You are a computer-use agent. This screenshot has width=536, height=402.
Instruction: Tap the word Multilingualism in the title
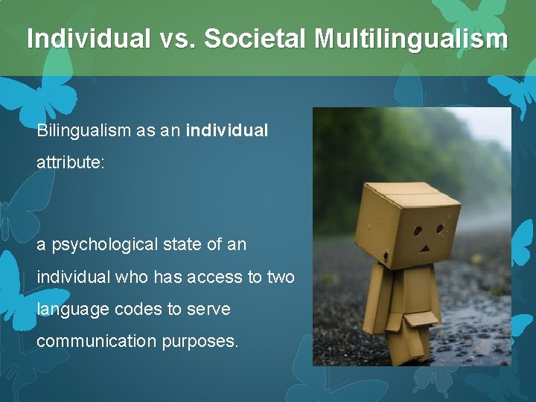411,39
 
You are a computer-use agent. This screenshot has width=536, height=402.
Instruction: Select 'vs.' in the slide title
176,39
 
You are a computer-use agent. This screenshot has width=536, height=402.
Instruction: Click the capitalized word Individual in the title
87,39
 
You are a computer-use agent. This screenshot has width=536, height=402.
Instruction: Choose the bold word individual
227,130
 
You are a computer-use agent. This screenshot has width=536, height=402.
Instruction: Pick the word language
71,309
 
